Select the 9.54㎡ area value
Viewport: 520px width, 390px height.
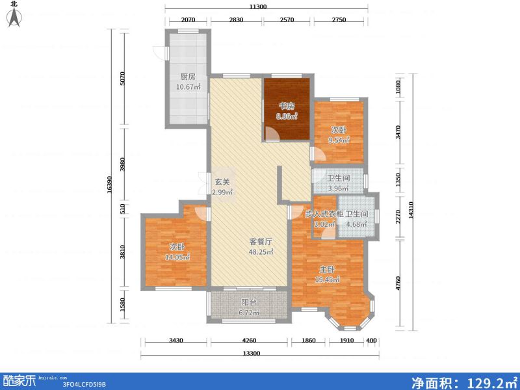click(x=339, y=140)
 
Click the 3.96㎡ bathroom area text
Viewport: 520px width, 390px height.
click(x=338, y=189)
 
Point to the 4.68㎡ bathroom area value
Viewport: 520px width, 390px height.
click(x=357, y=225)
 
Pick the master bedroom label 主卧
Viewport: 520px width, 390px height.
click(x=327, y=270)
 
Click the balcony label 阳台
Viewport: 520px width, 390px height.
click(x=250, y=302)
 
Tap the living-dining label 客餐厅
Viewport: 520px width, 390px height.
click(x=261, y=241)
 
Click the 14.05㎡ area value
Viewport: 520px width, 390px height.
click(x=177, y=257)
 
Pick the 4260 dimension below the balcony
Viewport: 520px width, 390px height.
click(x=249, y=341)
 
